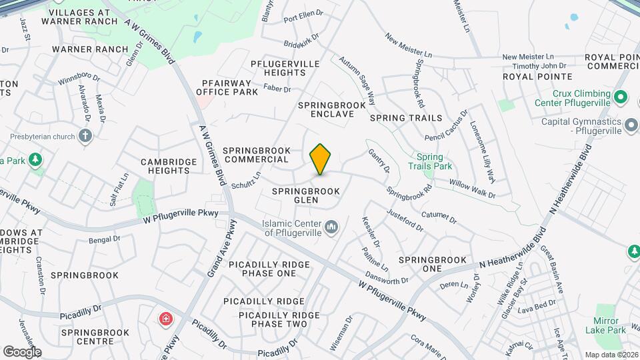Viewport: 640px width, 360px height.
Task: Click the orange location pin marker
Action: (x=321, y=159)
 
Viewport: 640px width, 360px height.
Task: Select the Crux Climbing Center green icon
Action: (x=621, y=99)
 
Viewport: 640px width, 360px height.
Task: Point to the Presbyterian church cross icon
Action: (x=85, y=137)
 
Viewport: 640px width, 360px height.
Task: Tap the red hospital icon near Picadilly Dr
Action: (x=164, y=319)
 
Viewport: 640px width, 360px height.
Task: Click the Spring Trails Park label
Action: (x=430, y=161)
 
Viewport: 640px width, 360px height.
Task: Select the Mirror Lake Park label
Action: (x=605, y=325)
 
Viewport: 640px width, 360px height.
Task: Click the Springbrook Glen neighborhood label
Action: (x=306, y=195)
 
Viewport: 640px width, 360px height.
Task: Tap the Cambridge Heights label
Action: (x=169, y=166)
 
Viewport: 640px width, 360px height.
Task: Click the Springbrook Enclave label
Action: (x=332, y=109)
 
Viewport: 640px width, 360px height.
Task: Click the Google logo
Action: (x=22, y=351)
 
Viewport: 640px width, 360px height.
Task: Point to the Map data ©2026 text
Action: (x=611, y=354)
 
